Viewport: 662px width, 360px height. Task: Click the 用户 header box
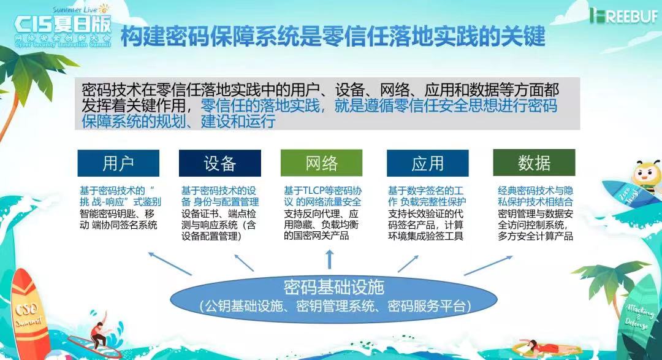click(118, 163)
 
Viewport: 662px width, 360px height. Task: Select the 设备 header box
click(220, 163)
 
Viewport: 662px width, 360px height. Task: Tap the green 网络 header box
click(322, 163)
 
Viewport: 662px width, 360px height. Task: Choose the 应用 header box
click(428, 163)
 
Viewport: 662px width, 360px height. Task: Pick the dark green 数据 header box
click(534, 163)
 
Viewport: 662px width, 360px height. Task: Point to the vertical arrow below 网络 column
click(330, 259)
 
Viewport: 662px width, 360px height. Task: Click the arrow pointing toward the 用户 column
click(170, 263)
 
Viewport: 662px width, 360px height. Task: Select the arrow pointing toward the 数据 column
click(489, 266)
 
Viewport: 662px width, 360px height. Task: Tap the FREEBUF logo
click(623, 16)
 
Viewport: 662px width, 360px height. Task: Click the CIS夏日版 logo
click(63, 27)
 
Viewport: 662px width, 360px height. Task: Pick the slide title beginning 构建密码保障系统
click(333, 36)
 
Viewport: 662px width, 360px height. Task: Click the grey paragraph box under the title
click(327, 104)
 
